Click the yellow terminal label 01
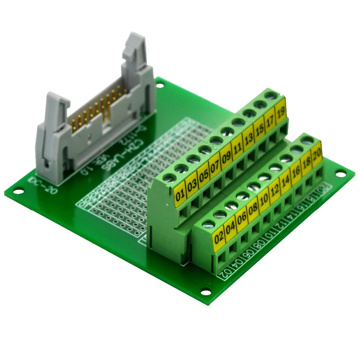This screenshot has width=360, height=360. (180, 197)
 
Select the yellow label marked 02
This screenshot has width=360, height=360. (219, 238)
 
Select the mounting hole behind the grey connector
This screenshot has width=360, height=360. (160, 86)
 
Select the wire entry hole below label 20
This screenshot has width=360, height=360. (319, 172)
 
